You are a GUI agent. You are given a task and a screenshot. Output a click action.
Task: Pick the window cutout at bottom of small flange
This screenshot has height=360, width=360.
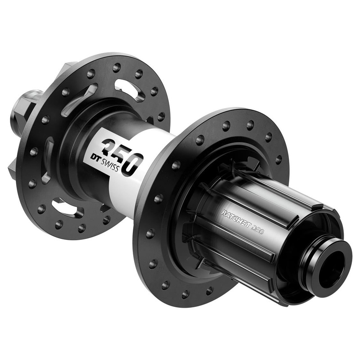(x=67, y=208)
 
